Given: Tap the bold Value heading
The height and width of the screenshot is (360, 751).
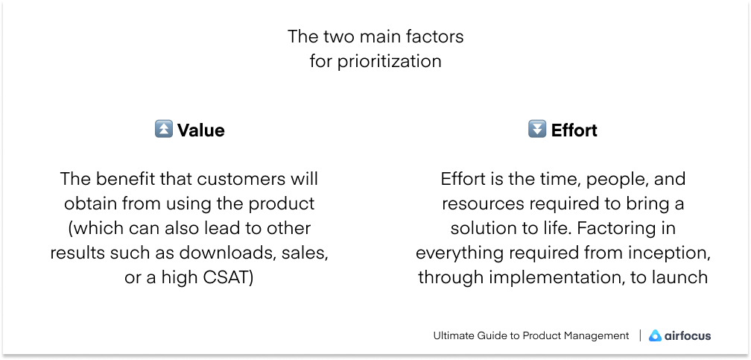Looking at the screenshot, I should tap(200, 130).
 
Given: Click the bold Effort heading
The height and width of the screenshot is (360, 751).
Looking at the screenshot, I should tap(574, 130).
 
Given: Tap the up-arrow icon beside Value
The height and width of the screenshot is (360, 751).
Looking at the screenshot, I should tap(163, 130).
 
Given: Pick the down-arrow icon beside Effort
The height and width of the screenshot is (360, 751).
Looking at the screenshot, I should tap(536, 130).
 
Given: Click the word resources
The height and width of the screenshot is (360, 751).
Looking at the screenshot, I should tap(482, 203).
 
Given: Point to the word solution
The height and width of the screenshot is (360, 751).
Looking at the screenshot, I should tap(482, 228).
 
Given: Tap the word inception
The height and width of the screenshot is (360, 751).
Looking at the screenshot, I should tap(665, 253).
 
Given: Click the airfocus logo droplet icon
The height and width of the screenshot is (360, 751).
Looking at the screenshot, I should tap(655, 335).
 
